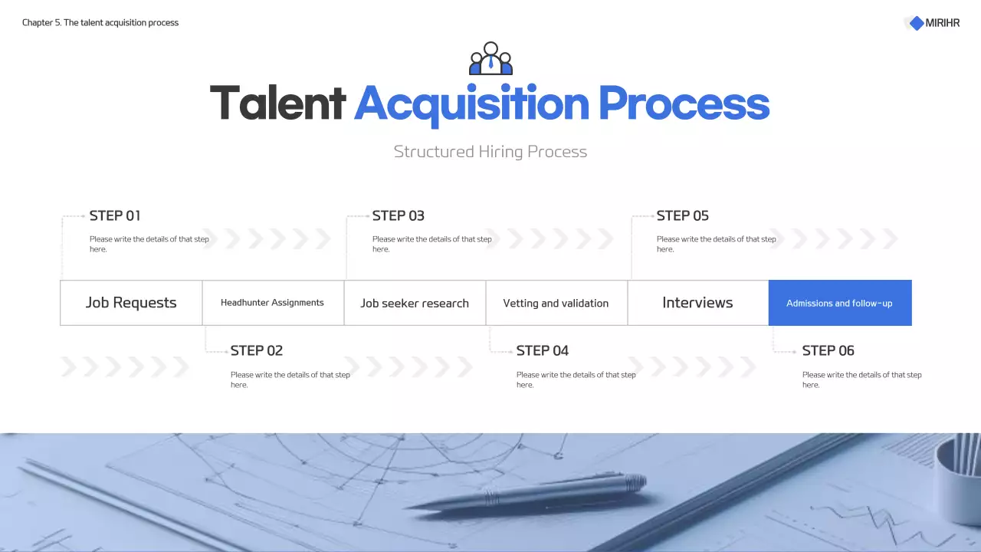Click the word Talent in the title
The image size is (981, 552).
[277, 103]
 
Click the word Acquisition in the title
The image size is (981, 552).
[471, 103]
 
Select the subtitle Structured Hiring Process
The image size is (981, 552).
[490, 152]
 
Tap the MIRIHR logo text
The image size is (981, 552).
[942, 23]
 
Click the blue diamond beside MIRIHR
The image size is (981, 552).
[917, 23]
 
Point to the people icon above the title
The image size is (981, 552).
[490, 58]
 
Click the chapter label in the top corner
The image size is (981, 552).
[100, 23]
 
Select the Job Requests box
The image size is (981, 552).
[131, 303]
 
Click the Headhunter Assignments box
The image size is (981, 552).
[272, 303]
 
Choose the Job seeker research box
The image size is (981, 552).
[415, 303]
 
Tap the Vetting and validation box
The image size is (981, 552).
[556, 303]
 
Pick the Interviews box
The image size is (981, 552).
[697, 303]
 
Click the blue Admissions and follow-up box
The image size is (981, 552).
[839, 303]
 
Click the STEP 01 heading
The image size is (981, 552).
[115, 216]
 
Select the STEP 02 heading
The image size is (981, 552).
[257, 351]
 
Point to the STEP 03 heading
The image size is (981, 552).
[399, 216]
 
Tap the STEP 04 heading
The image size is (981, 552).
[543, 351]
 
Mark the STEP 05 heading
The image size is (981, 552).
[683, 216]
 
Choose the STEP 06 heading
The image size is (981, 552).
[828, 351]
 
